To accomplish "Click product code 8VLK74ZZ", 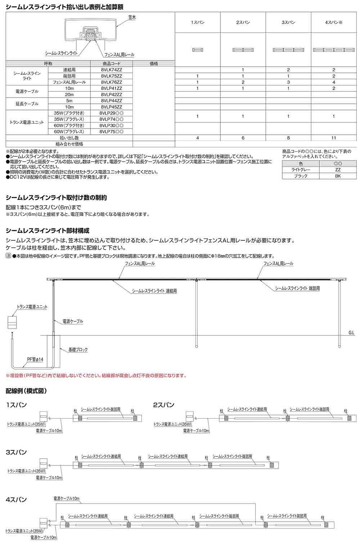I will coord(112,70).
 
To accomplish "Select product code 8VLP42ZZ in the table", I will coord(112,94).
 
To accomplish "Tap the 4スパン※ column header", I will coord(334,23).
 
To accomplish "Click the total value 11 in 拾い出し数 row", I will coord(334,138).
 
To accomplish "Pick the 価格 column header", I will coord(154,63).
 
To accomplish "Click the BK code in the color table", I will coord(337,176).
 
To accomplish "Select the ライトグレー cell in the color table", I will coord(301,170).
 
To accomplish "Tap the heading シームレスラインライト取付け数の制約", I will coord(56,198).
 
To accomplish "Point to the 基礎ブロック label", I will coord(78,349).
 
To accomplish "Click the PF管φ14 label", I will coord(35,360).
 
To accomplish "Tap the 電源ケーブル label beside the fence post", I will coord(72,321).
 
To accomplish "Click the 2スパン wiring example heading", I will coord(164,405).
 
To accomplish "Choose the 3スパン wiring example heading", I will coord(17,452).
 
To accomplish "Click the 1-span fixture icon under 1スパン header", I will coord(198,49).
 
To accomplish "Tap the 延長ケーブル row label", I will coord(27,104).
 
